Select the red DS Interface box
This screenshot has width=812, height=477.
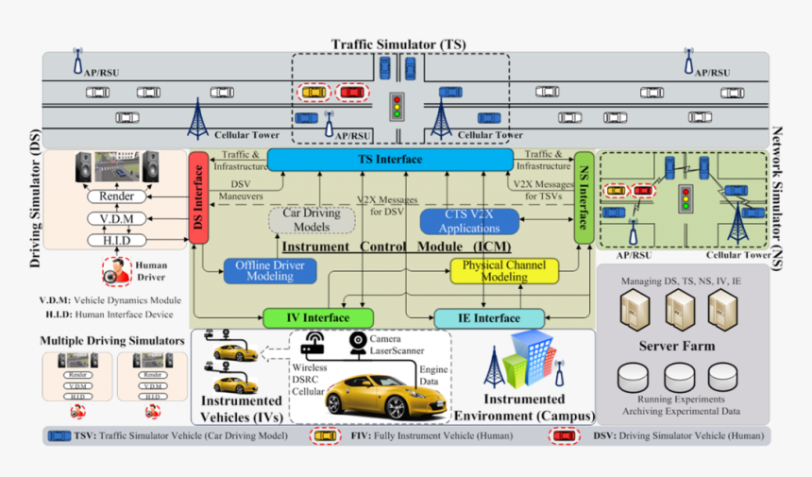click(198, 198)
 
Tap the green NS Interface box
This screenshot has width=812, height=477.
click(584, 198)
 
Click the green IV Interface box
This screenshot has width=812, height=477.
click(318, 318)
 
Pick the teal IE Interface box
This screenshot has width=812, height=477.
click(489, 318)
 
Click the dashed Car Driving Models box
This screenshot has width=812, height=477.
click(312, 220)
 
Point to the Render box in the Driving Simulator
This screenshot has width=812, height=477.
click(116, 196)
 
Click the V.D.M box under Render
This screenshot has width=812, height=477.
click(116, 219)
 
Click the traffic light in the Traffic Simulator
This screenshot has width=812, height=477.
click(397, 105)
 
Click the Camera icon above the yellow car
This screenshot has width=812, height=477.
click(358, 342)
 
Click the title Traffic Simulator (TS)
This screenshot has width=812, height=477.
click(398, 44)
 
